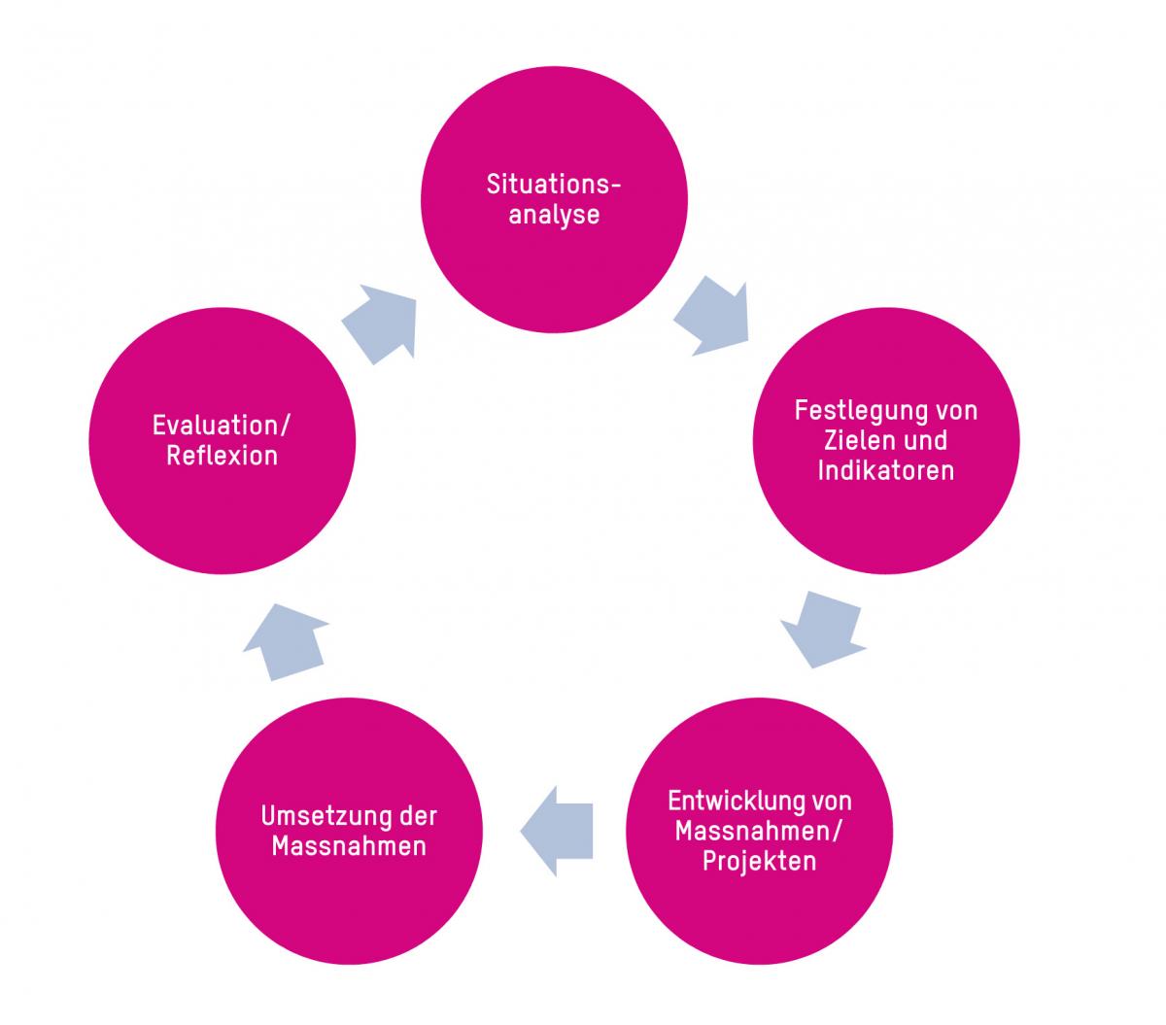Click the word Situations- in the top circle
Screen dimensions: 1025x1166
[x=554, y=185]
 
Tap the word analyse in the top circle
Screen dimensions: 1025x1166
[x=554, y=215]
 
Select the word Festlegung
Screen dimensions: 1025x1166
[x=855, y=410]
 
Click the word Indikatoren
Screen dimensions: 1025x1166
[x=885, y=470]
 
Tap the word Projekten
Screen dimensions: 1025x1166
[x=759, y=862]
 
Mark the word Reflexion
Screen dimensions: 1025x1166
[x=222, y=456]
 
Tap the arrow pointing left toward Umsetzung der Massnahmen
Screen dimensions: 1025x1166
[x=559, y=831]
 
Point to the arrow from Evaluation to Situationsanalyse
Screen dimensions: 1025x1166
[x=381, y=323]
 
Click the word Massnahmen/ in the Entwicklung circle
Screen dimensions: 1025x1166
[x=759, y=832]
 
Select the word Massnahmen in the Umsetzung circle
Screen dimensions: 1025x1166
[x=349, y=845]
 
